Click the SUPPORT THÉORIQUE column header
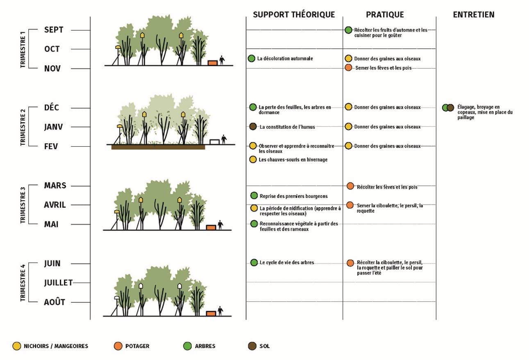294,15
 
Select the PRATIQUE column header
385,15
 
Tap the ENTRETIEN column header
474,15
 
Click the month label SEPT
54,30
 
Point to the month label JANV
54,127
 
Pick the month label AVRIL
55,205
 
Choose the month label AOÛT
54,302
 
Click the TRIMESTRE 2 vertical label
23,127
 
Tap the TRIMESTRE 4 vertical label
23,283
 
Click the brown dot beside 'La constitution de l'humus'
253,127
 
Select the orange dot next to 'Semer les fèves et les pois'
348,68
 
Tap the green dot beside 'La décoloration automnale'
252,59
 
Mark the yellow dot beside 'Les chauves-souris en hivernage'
253,159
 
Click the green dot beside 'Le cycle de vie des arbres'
254,262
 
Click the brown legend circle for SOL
252,346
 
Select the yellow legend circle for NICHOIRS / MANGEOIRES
17,346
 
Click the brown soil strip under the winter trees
158,147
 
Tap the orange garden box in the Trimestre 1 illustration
212,63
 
